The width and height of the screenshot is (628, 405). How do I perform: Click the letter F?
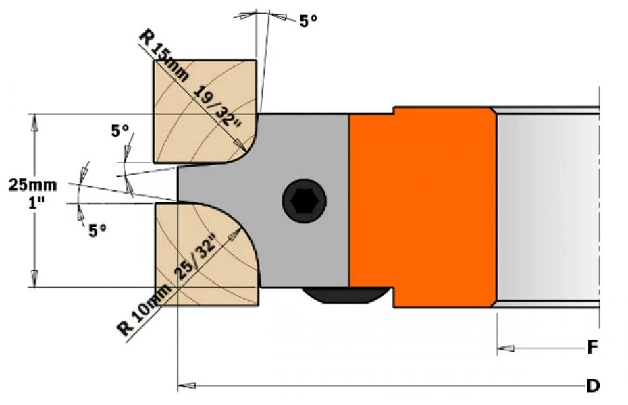pos(592,348)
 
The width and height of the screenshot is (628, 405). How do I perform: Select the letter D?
pos(592,386)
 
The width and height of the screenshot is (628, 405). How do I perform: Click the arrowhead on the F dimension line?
pos(504,348)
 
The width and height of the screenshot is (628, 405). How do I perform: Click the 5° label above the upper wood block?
pos(309,20)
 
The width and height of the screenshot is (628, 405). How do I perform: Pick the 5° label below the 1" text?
pos(98,230)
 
